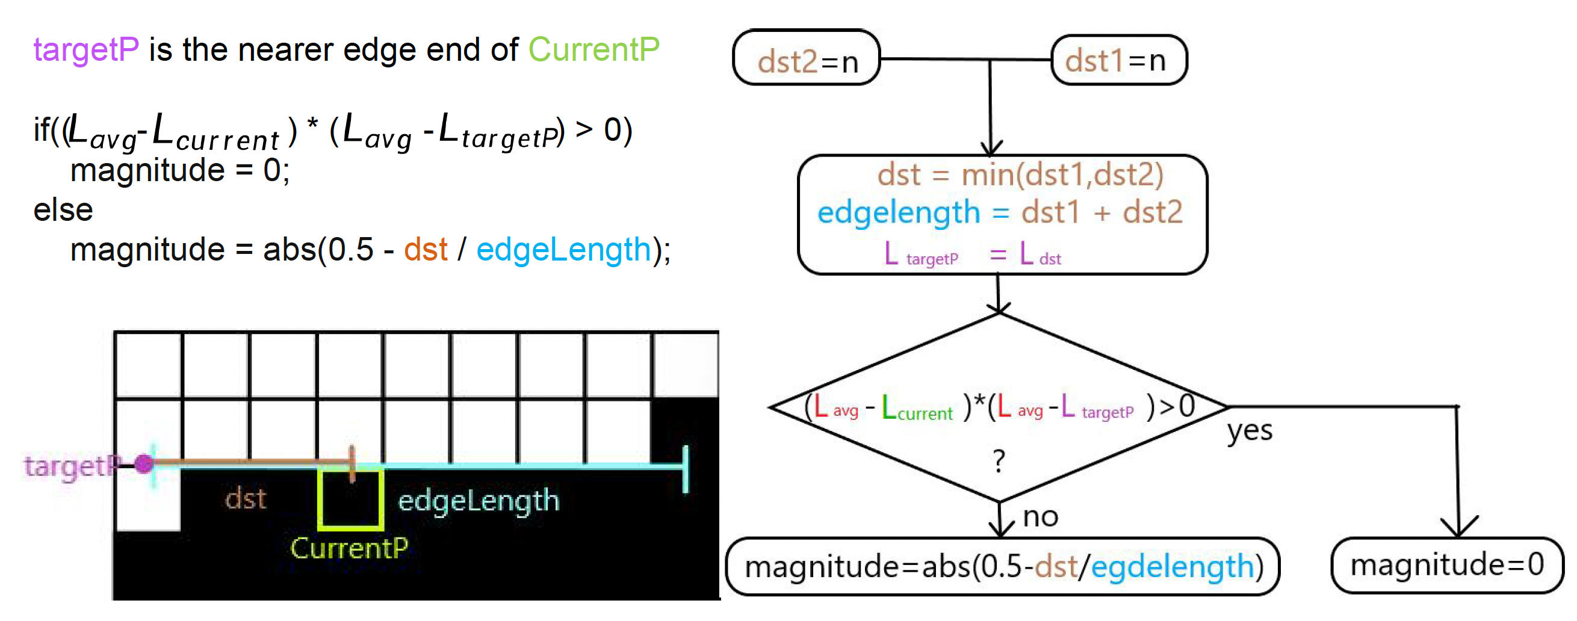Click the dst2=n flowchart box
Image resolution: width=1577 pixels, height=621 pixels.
click(806, 58)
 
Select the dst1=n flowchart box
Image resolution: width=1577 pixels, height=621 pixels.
click(1119, 60)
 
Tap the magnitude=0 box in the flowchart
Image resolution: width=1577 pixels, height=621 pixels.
click(1447, 564)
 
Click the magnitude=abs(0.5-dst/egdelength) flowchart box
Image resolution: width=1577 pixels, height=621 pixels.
click(1003, 566)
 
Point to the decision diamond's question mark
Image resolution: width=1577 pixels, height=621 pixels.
click(999, 461)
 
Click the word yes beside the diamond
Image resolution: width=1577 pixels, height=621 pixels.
click(1250, 431)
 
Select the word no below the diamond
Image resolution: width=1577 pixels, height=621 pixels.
click(1040, 517)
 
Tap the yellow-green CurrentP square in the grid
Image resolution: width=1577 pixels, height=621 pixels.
click(351, 499)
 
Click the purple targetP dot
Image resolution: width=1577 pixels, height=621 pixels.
click(144, 464)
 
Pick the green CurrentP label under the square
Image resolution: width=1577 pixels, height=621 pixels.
click(349, 548)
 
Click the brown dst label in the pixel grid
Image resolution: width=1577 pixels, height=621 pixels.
click(246, 499)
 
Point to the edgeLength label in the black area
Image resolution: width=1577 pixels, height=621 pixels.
click(478, 501)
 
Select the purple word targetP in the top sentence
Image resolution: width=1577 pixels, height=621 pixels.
click(86, 49)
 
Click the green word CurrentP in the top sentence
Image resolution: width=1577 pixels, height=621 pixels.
click(594, 49)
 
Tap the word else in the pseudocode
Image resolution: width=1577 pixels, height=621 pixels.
click(63, 210)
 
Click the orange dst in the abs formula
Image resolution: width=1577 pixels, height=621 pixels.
click(426, 250)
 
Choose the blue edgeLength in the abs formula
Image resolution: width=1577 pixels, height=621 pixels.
click(563, 250)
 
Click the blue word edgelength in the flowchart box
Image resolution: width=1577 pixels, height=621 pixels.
click(898, 213)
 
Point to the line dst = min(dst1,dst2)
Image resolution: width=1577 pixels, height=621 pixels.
click(1020, 175)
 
